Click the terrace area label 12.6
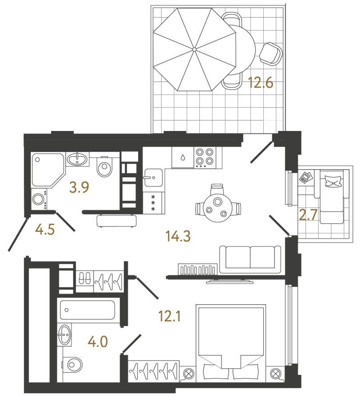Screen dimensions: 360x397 point(261,83)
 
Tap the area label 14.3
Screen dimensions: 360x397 point(178,236)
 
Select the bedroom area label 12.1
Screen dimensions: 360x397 point(169,316)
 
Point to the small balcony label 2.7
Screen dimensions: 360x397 point(308,215)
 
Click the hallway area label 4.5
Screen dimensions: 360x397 point(45,230)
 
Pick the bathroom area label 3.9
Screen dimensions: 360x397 point(79,188)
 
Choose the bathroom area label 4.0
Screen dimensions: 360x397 point(98,342)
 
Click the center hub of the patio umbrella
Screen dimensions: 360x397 point(194,50)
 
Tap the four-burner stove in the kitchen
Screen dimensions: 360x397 point(205,157)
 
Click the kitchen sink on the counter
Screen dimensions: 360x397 point(153,178)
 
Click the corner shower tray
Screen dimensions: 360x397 point(47,170)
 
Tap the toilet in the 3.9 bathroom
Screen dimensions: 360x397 point(104,167)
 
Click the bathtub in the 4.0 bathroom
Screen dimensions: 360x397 point(87,310)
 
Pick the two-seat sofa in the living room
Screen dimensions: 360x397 point(250,259)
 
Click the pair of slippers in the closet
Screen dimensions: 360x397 point(85,278)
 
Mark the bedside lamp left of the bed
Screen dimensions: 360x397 point(188,374)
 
